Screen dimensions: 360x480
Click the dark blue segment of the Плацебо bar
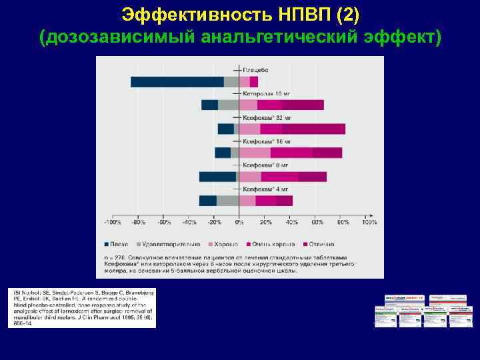[177, 82]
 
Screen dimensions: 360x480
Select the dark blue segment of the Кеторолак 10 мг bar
[209, 105]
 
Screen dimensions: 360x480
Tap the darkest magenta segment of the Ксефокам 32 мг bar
[313, 129]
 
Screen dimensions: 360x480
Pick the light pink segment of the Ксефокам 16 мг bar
[255, 153]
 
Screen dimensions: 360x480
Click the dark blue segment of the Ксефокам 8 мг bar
[217, 177]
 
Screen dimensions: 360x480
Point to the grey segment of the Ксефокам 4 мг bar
[227, 201]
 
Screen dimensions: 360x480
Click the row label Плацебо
[256, 70]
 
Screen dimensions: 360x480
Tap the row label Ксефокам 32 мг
[267, 117]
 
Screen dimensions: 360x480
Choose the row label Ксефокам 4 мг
[265, 189]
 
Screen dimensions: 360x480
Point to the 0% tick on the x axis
[239, 222]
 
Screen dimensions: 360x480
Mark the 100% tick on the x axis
[369, 222]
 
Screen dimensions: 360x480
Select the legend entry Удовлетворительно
[167, 244]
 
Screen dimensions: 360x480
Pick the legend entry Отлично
[320, 244]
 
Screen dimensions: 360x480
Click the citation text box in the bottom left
[81, 308]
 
